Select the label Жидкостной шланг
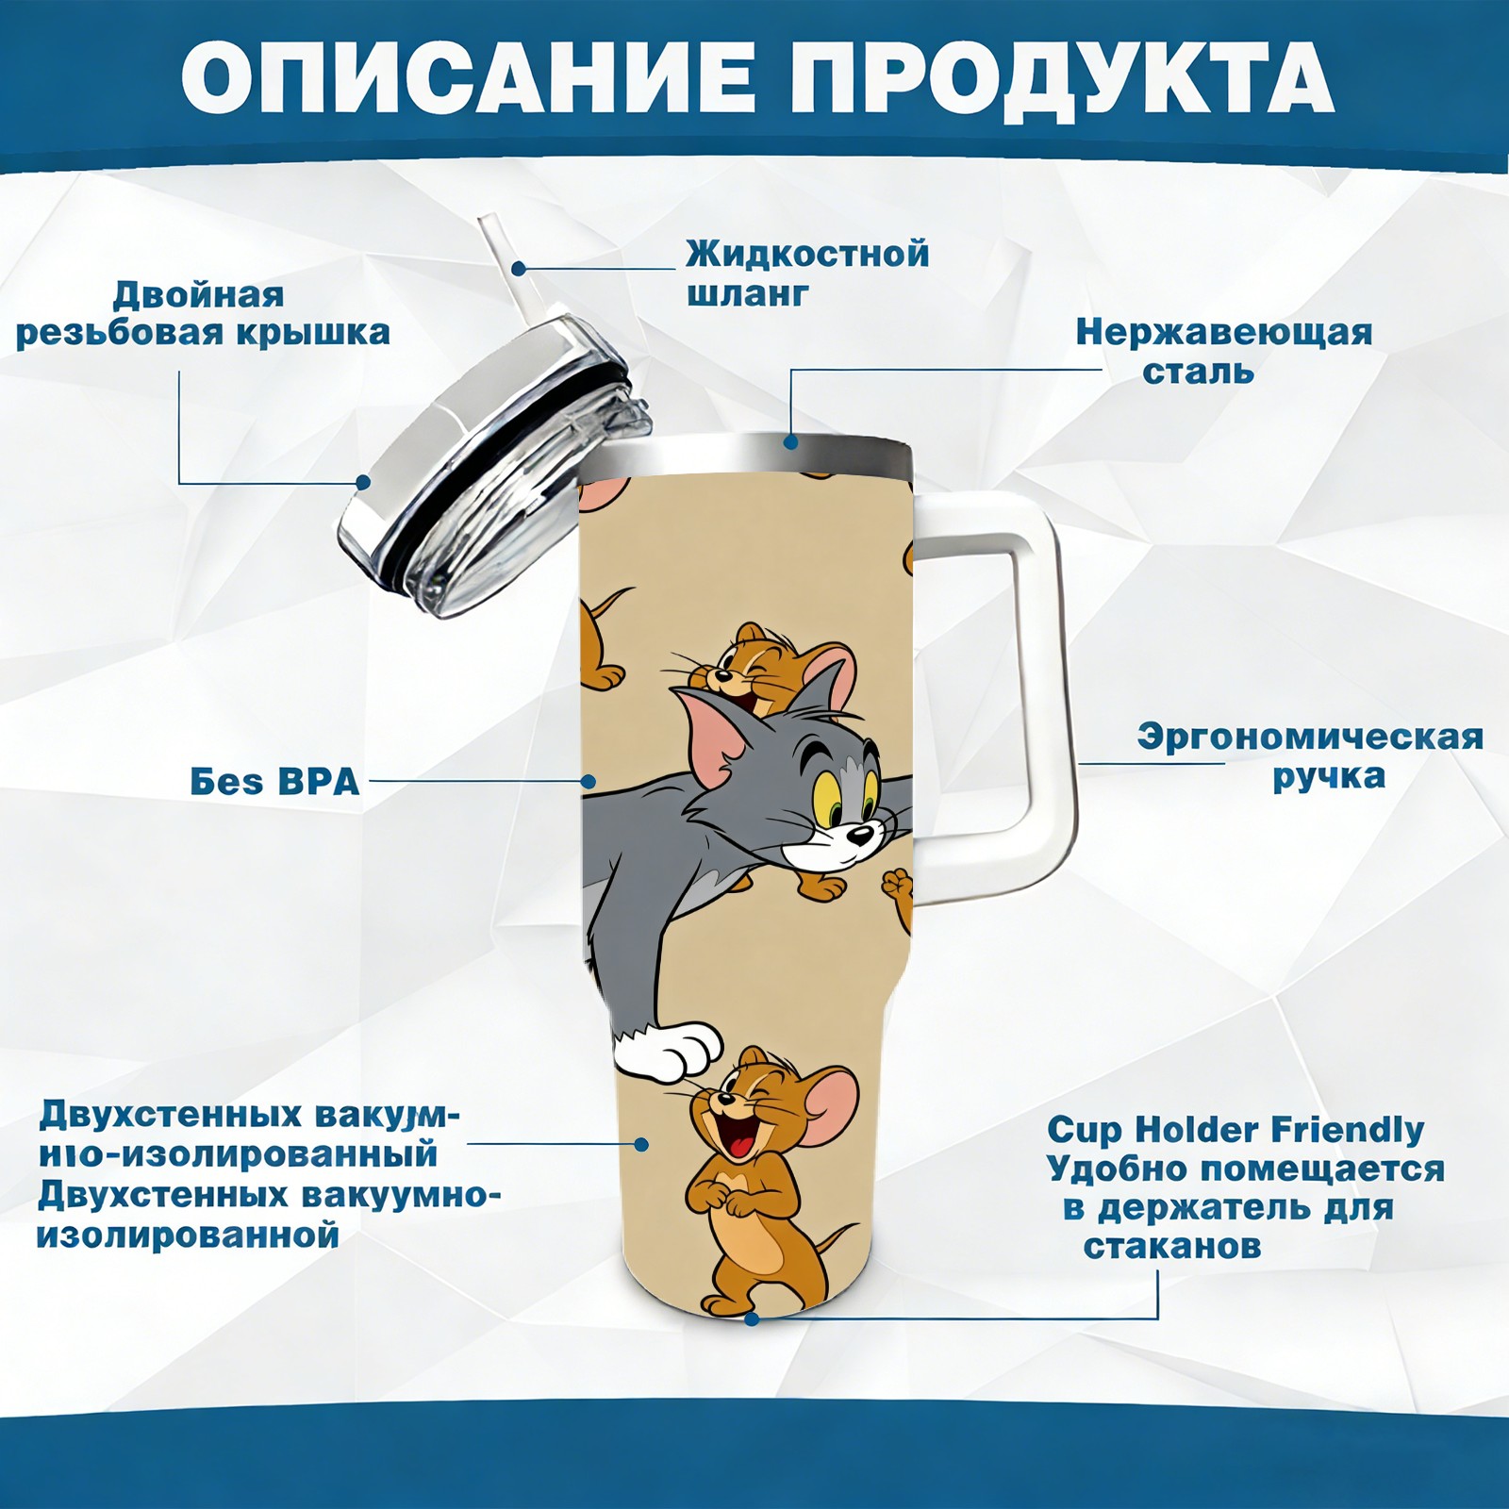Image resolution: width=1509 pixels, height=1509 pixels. (x=807, y=274)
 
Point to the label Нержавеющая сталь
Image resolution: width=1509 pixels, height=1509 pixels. (x=1224, y=351)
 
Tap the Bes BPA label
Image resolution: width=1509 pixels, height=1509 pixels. (x=274, y=781)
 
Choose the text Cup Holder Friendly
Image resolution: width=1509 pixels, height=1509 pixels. (x=1235, y=1129)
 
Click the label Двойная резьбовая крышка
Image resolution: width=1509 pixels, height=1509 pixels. (x=203, y=313)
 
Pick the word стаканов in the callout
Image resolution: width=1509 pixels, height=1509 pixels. (x=1172, y=1246)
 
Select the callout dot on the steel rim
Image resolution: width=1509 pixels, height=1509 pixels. (x=790, y=440)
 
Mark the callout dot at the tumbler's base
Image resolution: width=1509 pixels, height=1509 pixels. (x=752, y=1318)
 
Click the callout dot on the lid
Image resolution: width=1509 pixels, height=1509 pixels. (x=363, y=483)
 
